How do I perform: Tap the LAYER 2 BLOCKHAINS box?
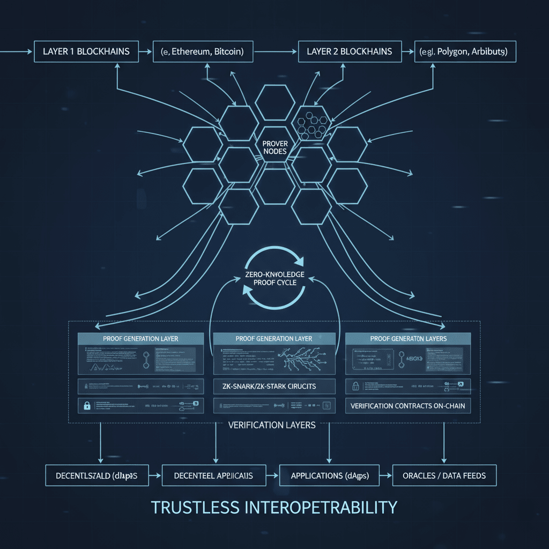349,52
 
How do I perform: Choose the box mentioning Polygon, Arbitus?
465,53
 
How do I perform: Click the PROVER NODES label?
274,147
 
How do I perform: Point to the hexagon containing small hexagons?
311,124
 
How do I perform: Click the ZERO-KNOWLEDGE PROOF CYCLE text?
274,278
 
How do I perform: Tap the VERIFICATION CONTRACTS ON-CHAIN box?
407,406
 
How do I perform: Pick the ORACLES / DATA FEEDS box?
444,476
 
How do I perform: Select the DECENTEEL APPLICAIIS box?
213,476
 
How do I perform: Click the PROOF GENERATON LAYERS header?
408,339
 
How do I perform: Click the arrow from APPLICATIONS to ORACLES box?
385,476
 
